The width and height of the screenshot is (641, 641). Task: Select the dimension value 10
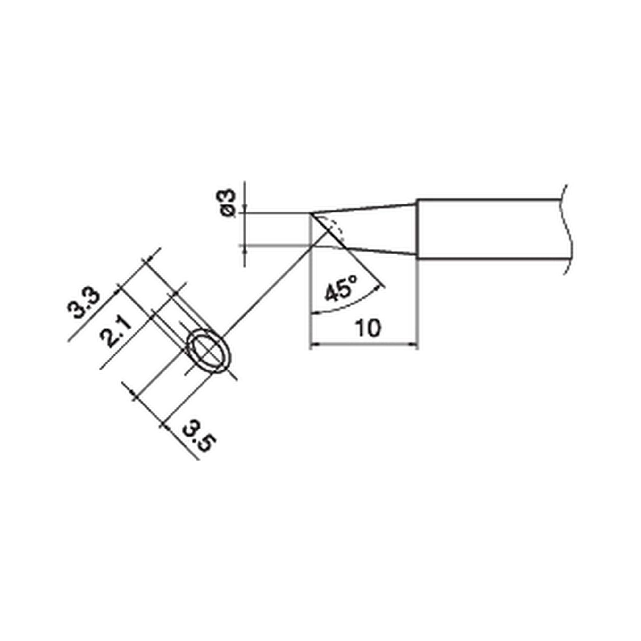[368, 328]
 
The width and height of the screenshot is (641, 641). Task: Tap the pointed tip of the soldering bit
[311, 214]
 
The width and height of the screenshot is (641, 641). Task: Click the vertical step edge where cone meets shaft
[417, 229]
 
